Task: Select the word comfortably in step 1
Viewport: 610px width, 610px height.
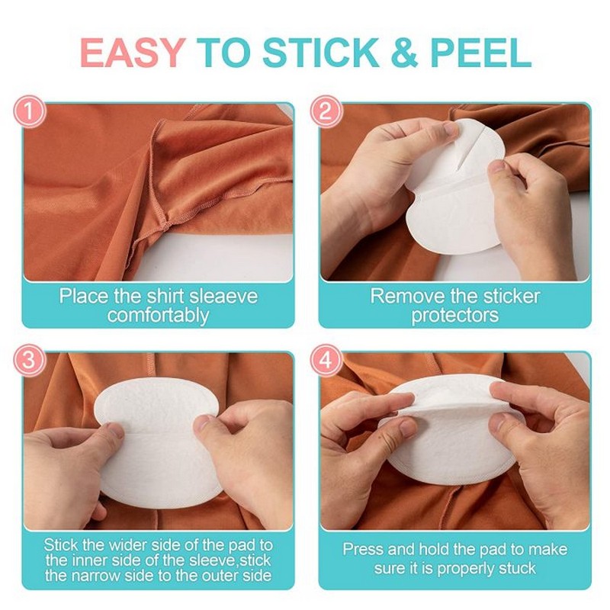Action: (x=158, y=314)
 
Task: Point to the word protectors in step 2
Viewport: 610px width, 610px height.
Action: (x=455, y=314)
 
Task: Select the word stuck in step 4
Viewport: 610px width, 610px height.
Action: (x=518, y=568)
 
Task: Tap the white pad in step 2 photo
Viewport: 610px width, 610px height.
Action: (x=450, y=198)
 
